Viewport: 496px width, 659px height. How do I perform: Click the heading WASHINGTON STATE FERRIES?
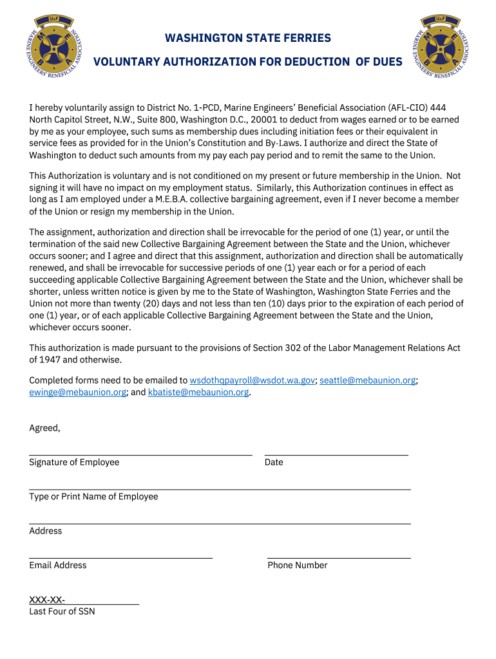point(248,38)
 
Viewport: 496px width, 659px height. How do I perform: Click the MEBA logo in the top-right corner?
point(441,46)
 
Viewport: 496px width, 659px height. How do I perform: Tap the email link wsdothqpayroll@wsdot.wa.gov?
point(252,380)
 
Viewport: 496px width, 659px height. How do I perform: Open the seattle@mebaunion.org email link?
point(368,380)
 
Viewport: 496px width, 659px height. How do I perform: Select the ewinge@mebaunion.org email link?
point(77,392)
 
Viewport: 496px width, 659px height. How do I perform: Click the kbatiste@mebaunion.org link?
point(198,392)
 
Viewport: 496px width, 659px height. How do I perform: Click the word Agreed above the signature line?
point(44,428)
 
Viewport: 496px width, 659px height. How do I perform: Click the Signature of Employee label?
point(74,462)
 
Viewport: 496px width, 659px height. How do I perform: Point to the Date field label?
point(274,462)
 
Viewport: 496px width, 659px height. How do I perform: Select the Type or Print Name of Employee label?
point(93,496)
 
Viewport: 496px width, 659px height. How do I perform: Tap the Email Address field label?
point(57,565)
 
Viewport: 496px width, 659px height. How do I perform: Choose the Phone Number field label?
point(298,565)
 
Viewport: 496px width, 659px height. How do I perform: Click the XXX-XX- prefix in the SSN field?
point(47,600)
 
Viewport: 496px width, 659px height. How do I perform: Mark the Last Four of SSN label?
point(62,611)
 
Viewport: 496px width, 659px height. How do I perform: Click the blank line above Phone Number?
point(339,557)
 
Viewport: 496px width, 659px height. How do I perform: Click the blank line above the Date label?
point(336,454)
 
